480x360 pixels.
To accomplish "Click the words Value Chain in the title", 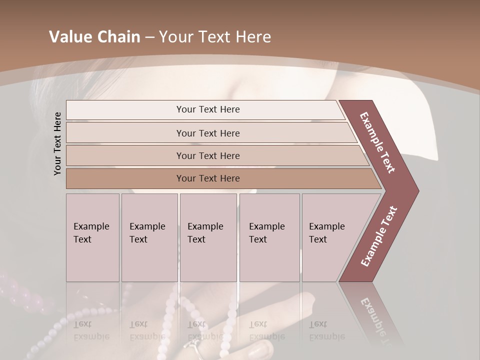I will click(94, 37).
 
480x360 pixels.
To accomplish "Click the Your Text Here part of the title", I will click(215, 37).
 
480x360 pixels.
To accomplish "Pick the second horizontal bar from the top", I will click(207, 133).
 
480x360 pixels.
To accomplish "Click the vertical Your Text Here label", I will click(57, 143).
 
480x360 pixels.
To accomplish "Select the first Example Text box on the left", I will click(92, 237).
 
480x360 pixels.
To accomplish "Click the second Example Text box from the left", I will click(149, 237).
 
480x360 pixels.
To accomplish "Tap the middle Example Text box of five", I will click(208, 237).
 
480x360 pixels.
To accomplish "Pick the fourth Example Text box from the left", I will click(269, 237).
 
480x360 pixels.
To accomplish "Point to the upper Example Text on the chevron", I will click(377, 142).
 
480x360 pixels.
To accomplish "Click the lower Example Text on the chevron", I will click(379, 236).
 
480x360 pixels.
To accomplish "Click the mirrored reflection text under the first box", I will click(91, 330).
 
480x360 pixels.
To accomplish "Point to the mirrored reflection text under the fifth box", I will click(327, 330).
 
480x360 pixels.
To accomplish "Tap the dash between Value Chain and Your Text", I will click(149, 37).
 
